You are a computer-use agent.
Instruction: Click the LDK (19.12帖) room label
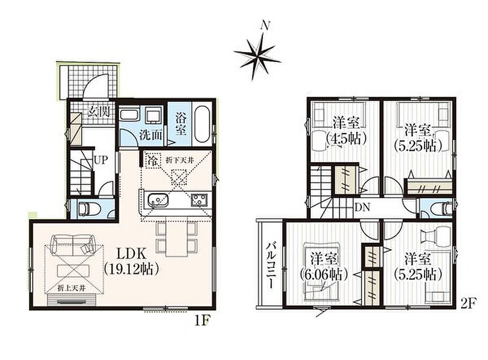click(x=131, y=262)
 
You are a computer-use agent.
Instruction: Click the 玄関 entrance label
click(x=98, y=111)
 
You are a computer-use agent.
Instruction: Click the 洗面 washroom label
click(x=151, y=135)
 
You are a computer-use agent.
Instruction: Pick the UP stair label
click(x=101, y=160)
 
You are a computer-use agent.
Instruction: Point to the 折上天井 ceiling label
click(x=71, y=288)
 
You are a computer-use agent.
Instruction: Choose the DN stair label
click(x=362, y=207)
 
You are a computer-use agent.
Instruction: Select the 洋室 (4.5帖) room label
click(x=346, y=130)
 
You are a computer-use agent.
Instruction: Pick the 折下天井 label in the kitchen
click(x=180, y=160)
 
